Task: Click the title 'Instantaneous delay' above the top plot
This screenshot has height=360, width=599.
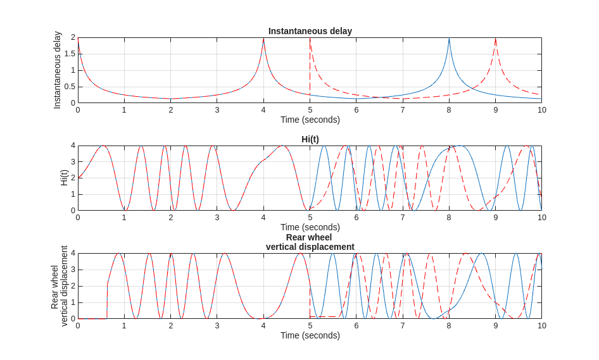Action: (310, 31)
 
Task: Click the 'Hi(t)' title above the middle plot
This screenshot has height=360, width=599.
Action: (310, 139)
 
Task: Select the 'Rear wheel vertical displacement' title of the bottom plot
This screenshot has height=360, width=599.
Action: (310, 242)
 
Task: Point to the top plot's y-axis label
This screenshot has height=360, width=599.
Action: (58, 70)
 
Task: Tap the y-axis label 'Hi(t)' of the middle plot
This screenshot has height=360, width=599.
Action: (64, 178)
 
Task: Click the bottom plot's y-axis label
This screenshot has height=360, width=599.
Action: (60, 286)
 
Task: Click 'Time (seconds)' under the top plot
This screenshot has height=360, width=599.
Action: (310, 120)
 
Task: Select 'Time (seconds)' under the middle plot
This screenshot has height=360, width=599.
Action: (310, 227)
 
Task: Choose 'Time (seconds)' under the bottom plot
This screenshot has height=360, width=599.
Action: (310, 335)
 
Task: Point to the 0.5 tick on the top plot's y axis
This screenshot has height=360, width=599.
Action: (70, 87)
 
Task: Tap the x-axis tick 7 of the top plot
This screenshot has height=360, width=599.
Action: (403, 110)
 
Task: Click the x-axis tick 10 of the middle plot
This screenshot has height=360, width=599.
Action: (542, 218)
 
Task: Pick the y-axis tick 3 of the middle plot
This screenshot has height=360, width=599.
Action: (73, 162)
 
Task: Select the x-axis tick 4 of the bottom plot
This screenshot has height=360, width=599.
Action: (263, 326)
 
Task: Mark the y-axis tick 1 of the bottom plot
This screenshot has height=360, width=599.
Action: (73, 302)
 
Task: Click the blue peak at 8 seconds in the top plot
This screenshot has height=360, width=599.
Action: (449, 40)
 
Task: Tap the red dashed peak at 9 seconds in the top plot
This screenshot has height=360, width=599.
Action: (495, 40)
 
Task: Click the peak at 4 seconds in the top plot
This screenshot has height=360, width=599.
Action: (263, 40)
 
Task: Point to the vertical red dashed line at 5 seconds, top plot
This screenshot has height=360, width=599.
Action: (310, 63)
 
